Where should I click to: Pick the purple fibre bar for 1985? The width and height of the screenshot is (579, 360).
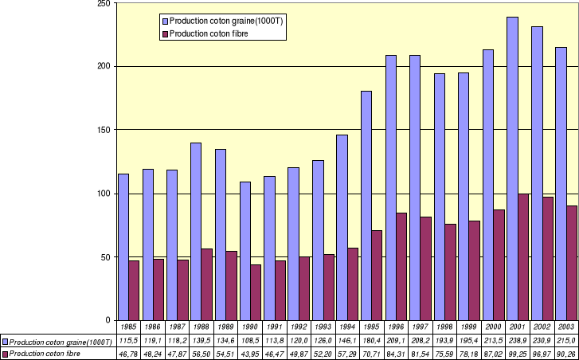(135, 290)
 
